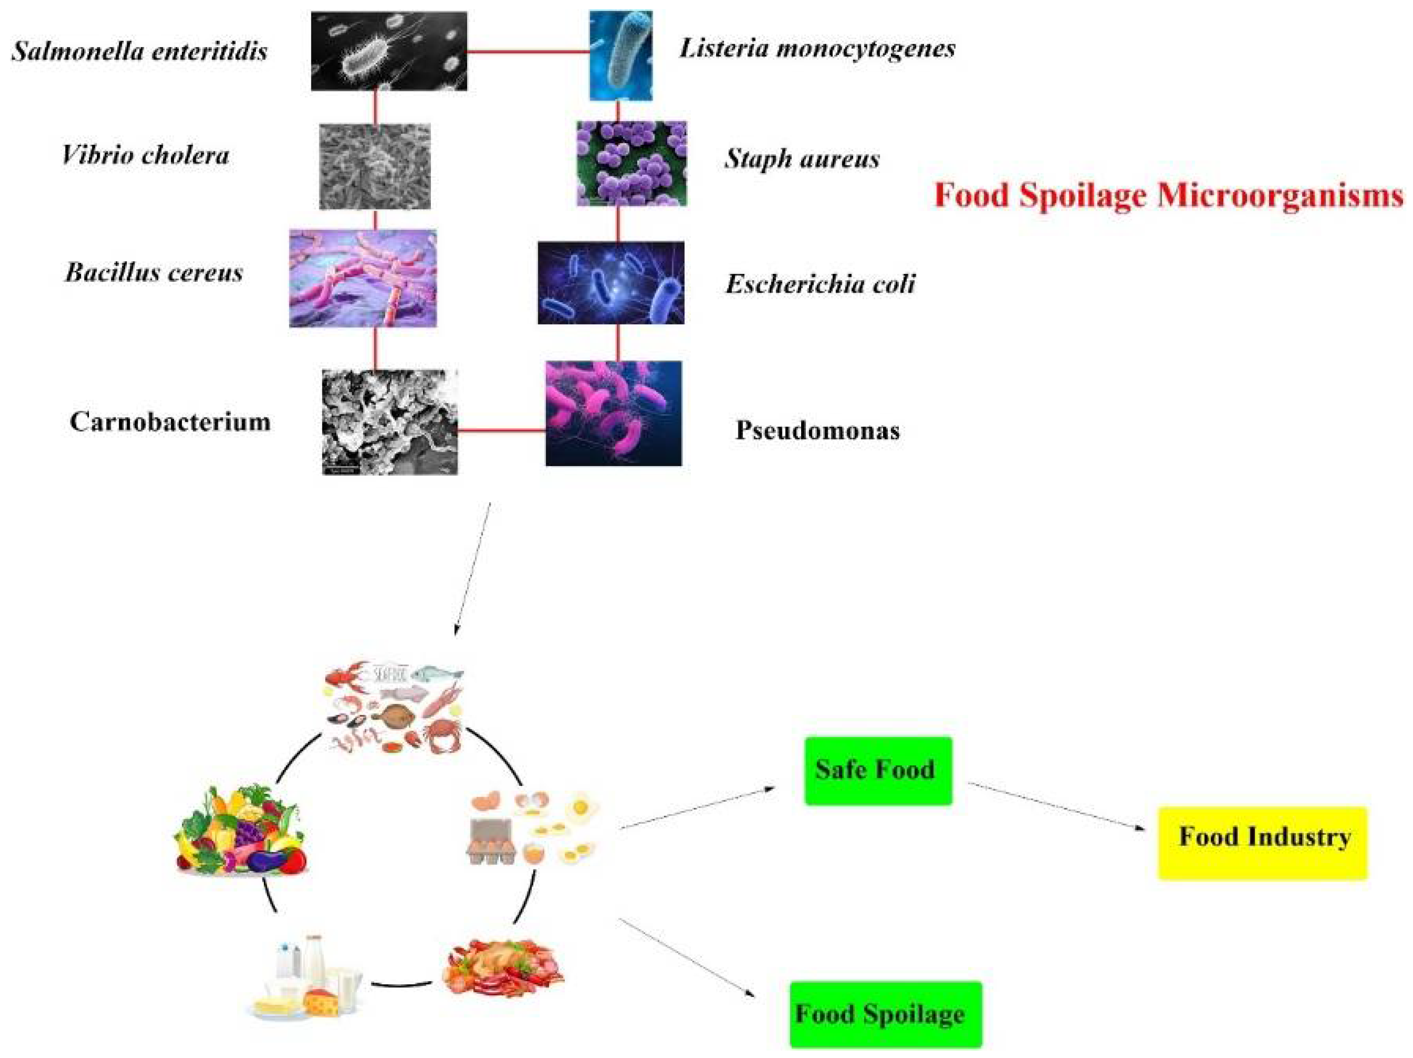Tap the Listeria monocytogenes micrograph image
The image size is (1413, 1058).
pyautogui.click(x=620, y=55)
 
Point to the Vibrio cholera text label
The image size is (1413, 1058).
pyautogui.click(x=146, y=155)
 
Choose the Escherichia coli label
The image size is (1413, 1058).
pyautogui.click(x=820, y=283)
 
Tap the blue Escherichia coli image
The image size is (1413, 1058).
pyautogui.click(x=611, y=283)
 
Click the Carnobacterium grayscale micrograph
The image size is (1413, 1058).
pyautogui.click(x=389, y=422)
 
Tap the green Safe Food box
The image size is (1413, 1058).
pyautogui.click(x=878, y=771)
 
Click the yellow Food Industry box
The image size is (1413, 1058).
pyautogui.click(x=1263, y=843)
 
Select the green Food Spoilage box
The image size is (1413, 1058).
pyautogui.click(x=885, y=1014)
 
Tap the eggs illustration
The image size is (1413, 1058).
pyautogui.click(x=533, y=828)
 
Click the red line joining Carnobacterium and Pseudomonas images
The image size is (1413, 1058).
pyautogui.click(x=502, y=430)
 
